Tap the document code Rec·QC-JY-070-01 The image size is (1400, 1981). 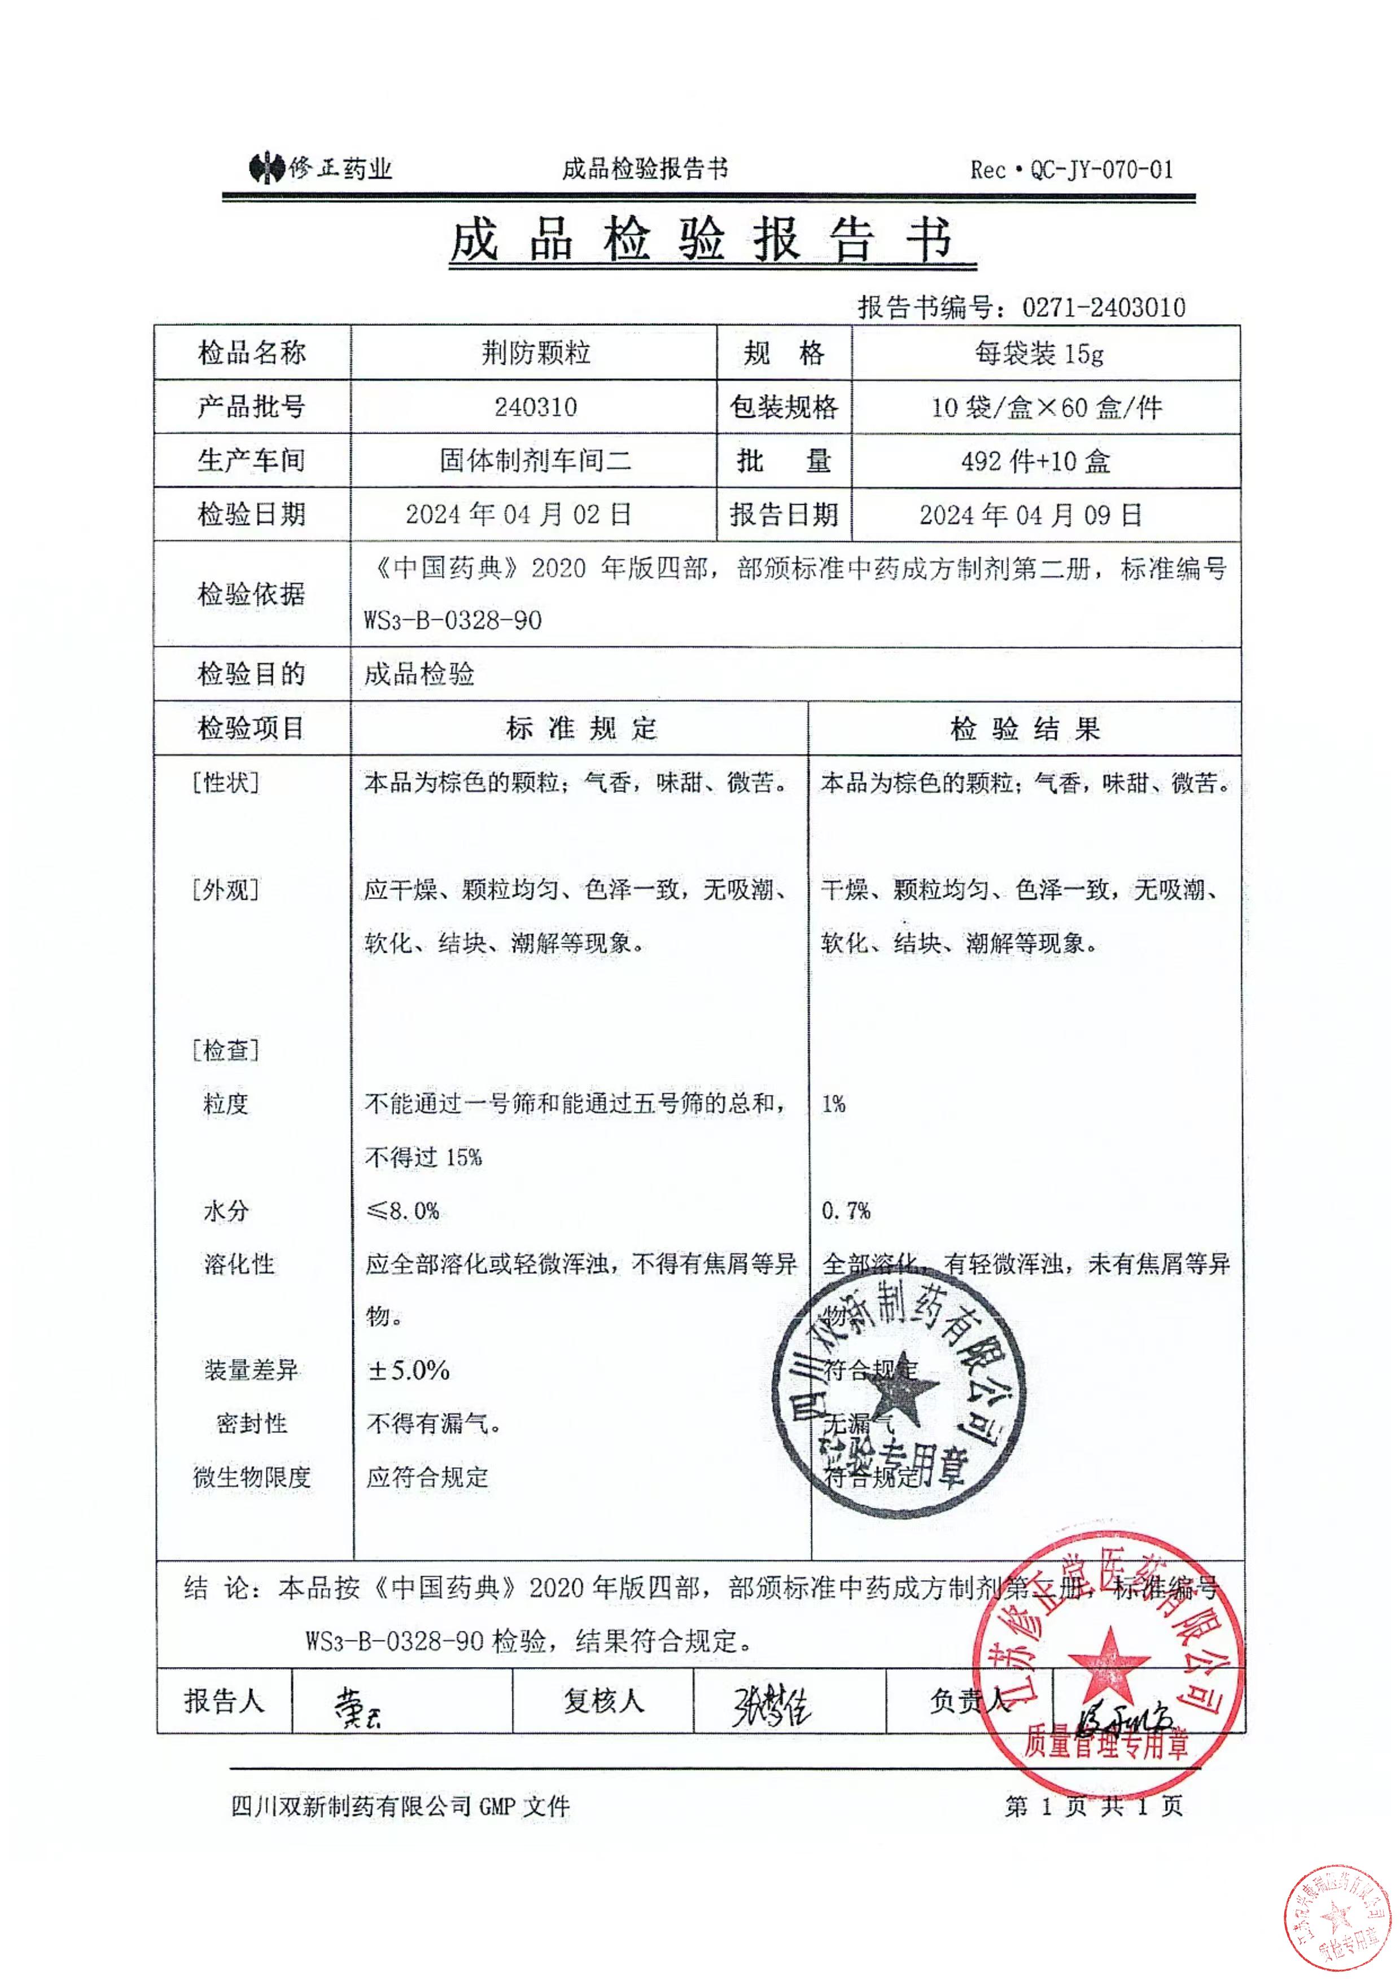point(1071,170)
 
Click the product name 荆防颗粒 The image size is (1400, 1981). point(536,353)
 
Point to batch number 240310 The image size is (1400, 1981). point(536,407)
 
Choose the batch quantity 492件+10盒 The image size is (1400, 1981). point(1035,461)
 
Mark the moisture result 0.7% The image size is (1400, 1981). point(845,1211)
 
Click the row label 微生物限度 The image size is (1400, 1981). point(251,1478)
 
